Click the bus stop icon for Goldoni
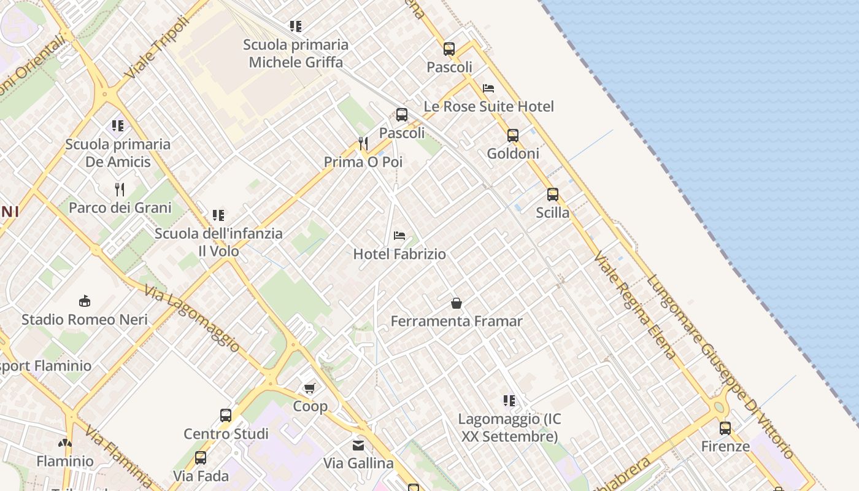click(x=513, y=136)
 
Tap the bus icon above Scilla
click(x=553, y=195)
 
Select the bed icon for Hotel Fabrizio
click(x=399, y=236)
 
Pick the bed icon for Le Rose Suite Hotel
click(x=488, y=88)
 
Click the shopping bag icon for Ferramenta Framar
click(x=456, y=303)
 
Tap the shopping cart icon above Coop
click(x=310, y=388)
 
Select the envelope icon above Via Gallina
click(x=358, y=445)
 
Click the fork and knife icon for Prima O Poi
click(x=363, y=144)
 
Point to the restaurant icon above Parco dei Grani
click(x=120, y=189)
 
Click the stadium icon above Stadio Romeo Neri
click(x=85, y=301)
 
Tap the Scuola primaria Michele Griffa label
click(x=296, y=53)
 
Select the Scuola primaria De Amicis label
click(x=118, y=153)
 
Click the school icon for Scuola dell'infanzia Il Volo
click(x=218, y=215)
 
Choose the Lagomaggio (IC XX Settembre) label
click(x=509, y=428)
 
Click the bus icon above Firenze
click(x=725, y=428)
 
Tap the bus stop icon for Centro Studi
click(x=226, y=416)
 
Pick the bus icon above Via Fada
click(x=201, y=457)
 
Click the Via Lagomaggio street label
click(x=192, y=318)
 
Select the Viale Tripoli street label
click(x=156, y=47)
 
